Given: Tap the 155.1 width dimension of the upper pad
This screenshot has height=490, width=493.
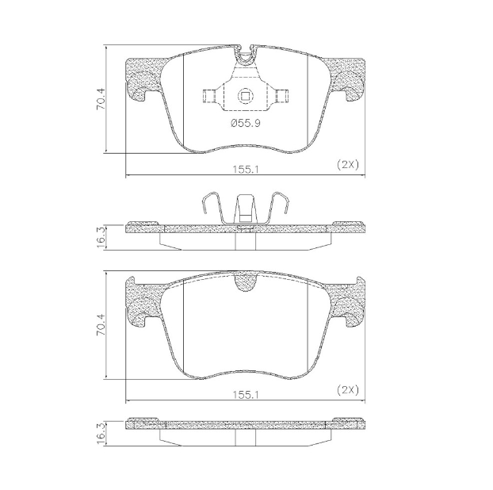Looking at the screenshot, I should coord(244,169).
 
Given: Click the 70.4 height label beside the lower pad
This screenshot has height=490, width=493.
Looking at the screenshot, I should coord(101,325).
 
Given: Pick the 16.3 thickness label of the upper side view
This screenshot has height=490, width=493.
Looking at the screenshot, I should coord(101,236).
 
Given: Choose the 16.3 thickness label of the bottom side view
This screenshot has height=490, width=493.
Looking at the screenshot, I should coord(101,433).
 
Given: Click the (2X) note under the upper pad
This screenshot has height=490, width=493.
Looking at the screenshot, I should coord(348,164).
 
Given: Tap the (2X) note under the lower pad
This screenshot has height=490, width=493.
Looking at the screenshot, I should coord(348,389).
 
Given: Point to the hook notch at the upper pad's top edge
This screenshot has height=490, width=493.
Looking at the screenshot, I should coord(246,54).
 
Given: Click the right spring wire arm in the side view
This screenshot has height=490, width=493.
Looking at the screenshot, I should coord(280,204).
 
